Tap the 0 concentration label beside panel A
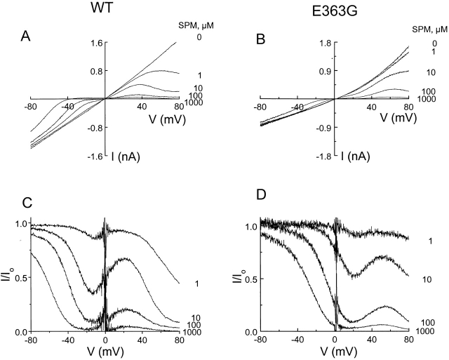click(x=199, y=36)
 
